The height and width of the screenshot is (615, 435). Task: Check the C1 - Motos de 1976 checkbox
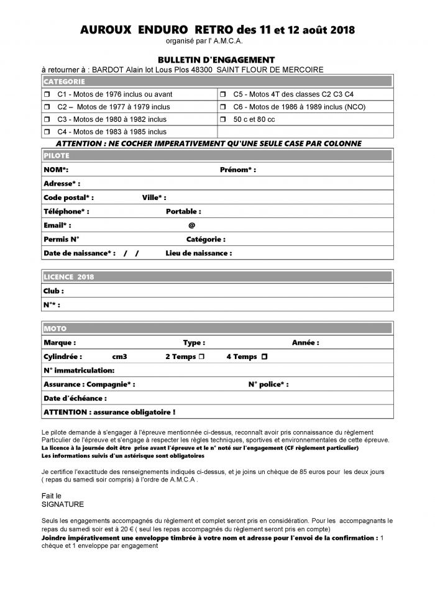[47, 94]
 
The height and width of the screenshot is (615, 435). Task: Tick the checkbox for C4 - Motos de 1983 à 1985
[47, 132]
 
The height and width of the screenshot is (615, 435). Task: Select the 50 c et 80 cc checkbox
[222, 119]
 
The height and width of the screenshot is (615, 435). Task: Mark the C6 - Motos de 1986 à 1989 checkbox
[222, 107]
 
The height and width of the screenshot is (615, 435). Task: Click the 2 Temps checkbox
[201, 357]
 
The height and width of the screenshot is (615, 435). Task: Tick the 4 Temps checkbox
[265, 357]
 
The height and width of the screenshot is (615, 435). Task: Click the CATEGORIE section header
[64, 82]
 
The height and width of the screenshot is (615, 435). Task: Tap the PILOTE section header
[57, 155]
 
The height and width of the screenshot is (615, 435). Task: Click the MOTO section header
[55, 328]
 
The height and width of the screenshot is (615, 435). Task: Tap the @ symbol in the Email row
[192, 225]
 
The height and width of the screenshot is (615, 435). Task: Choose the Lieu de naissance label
[198, 253]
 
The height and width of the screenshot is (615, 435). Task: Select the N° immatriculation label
[79, 371]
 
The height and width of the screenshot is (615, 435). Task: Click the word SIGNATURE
[62, 504]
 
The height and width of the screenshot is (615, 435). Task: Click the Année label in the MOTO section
[305, 342]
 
